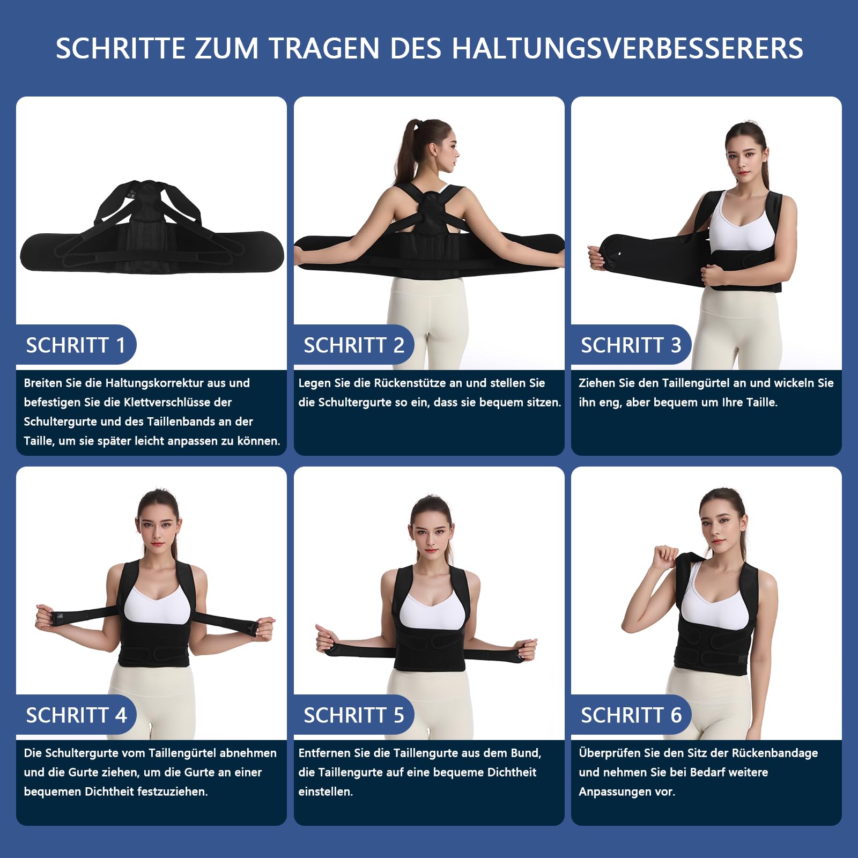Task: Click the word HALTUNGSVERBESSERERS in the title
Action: click(x=627, y=48)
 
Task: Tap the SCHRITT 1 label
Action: click(x=76, y=345)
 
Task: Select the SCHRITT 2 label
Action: click(x=354, y=345)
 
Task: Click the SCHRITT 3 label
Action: click(x=631, y=345)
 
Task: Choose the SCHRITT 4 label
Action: click(x=76, y=715)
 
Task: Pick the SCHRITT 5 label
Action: click(x=354, y=715)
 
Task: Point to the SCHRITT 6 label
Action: click(x=631, y=715)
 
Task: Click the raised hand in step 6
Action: click(x=665, y=558)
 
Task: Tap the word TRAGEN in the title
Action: click(x=324, y=48)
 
